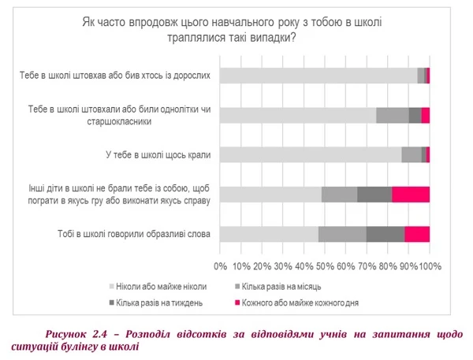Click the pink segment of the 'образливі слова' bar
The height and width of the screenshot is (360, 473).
pyautogui.click(x=417, y=234)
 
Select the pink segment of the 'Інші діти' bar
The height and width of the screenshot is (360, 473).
pyautogui.click(x=411, y=195)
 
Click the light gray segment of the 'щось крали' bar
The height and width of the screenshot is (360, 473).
pyautogui.click(x=310, y=154)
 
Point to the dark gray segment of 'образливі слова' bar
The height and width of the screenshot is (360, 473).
pyautogui.click(x=385, y=234)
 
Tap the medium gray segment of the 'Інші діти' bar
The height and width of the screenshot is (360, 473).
pyautogui.click(x=339, y=195)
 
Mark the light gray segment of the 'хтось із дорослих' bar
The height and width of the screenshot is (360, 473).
pyautogui.click(x=318, y=76)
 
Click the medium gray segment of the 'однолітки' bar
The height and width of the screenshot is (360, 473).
pyautogui.click(x=393, y=115)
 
